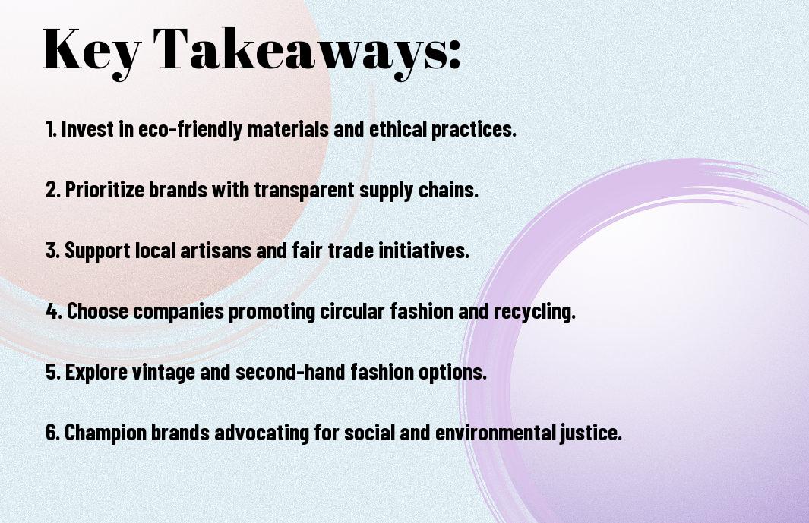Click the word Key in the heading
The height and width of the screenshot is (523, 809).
(85, 50)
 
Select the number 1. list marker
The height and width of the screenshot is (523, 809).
(51, 129)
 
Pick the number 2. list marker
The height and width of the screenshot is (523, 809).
(52, 190)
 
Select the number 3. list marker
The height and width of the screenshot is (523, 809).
(52, 250)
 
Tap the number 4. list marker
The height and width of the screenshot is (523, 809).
(53, 311)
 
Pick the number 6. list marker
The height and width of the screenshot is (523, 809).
(52, 433)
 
